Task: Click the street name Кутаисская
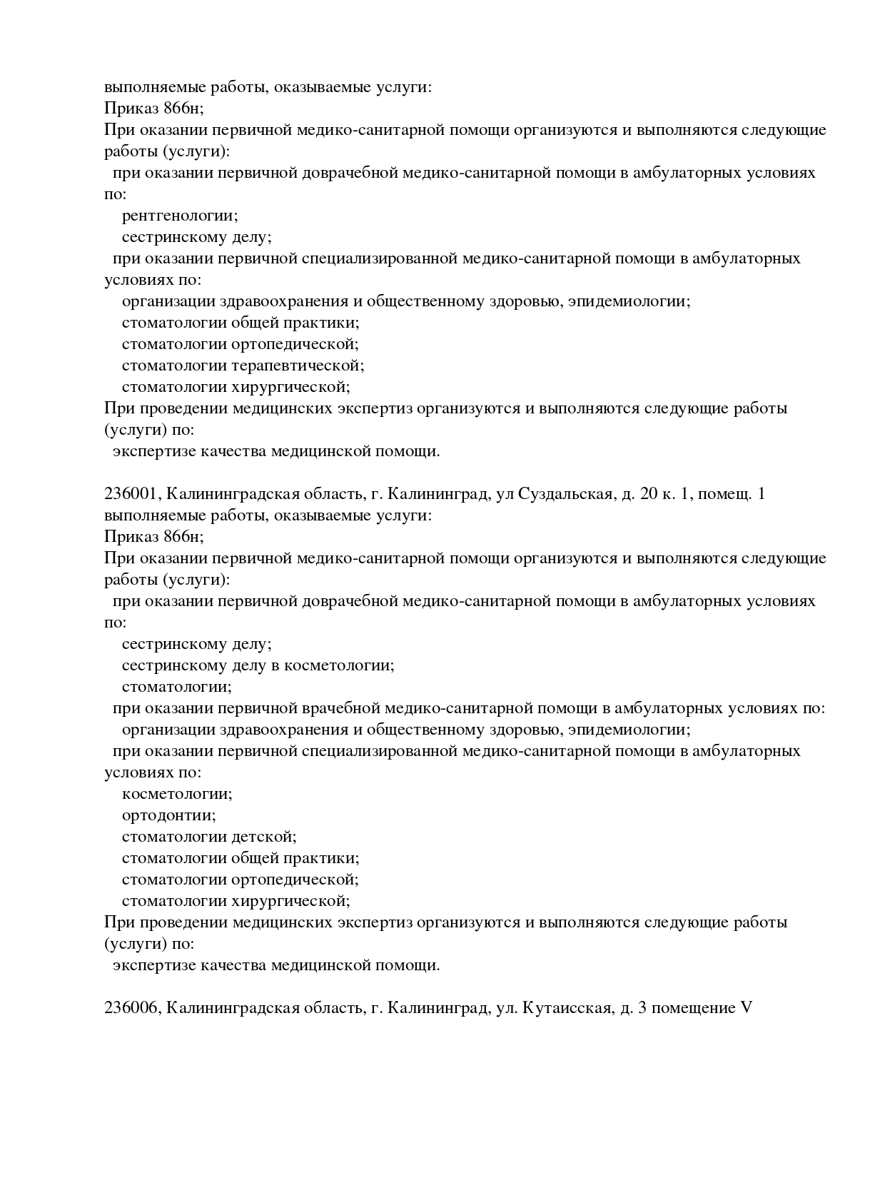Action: pos(568,1008)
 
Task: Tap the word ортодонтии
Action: pos(168,815)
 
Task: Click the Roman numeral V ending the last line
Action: pos(747,1008)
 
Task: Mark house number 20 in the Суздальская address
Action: pos(649,494)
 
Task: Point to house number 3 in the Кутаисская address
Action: pos(642,1008)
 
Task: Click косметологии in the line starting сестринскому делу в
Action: pos(339,665)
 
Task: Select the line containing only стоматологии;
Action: pos(177,687)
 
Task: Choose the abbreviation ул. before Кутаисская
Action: pos(506,1008)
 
